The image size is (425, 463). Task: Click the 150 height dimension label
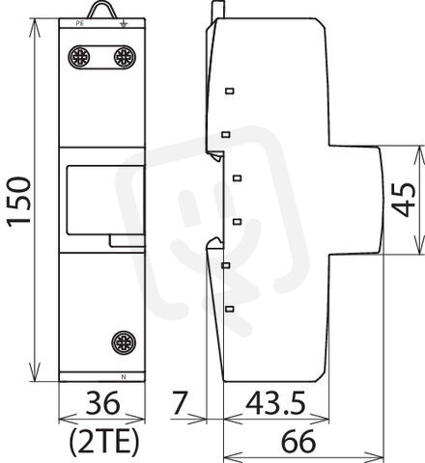[x=19, y=202]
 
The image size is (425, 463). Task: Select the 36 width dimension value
[x=102, y=402]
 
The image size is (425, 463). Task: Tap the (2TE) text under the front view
[x=104, y=442]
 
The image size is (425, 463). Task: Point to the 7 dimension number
[x=180, y=402]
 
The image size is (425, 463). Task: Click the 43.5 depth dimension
[x=275, y=402]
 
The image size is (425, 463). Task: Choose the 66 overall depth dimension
[x=298, y=441]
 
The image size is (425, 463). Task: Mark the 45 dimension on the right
[x=405, y=200]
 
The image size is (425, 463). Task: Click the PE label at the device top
[x=79, y=23]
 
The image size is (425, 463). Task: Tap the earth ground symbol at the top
[x=124, y=23]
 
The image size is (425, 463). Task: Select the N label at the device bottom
[x=124, y=377]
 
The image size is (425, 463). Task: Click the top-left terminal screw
[x=79, y=57]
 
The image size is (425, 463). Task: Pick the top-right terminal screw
[x=125, y=57]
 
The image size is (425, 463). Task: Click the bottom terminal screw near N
[x=124, y=342]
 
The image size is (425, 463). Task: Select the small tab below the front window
[x=127, y=241]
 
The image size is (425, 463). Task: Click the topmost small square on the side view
[x=230, y=91]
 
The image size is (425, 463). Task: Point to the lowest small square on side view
[x=229, y=309]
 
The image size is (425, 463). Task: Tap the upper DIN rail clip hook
[x=215, y=155]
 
